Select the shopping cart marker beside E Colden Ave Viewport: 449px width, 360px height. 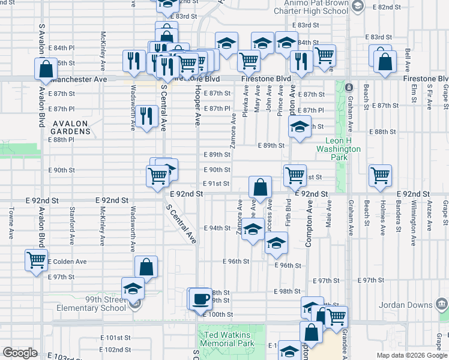coord(36,260)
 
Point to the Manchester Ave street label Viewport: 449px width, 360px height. coord(78,79)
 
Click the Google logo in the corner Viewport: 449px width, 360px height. coord(20,353)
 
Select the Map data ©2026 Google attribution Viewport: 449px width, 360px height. coord(412,355)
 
